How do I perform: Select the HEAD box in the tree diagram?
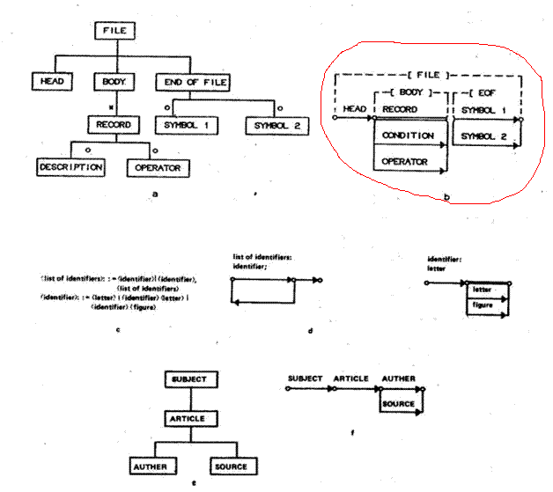click(53, 82)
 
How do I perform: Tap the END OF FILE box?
click(192, 82)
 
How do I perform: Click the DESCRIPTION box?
click(71, 165)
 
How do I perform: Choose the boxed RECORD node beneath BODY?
click(114, 124)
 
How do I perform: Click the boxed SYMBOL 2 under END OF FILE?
click(277, 124)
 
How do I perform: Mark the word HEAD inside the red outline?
click(354, 111)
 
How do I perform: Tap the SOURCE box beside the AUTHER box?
click(228, 465)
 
